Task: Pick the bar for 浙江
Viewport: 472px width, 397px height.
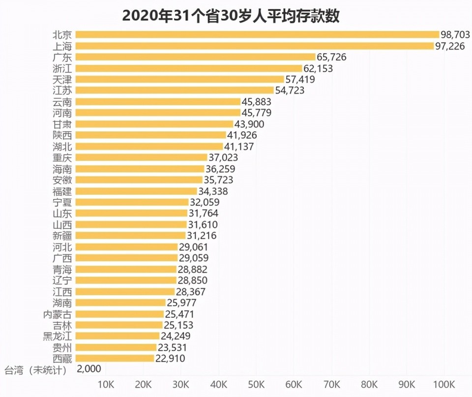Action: [189, 68]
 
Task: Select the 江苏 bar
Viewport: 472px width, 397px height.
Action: [175, 91]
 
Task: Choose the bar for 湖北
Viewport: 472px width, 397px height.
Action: [149, 146]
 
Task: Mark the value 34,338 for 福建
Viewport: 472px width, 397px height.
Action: [213, 191]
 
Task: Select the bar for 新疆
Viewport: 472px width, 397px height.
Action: [131, 236]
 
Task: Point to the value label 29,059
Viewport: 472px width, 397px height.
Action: [193, 258]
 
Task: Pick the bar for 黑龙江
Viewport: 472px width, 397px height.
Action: [118, 336]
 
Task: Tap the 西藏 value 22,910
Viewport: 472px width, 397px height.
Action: [170, 359]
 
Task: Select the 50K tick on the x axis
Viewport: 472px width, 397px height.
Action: [256, 384]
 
